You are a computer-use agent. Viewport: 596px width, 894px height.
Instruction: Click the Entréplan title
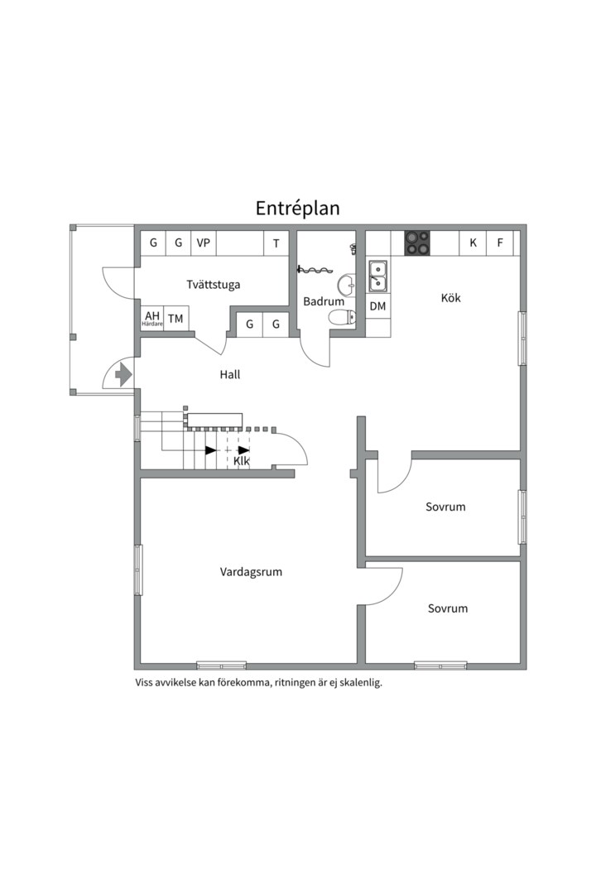[297, 208]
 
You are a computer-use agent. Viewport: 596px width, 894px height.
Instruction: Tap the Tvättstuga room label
[214, 285]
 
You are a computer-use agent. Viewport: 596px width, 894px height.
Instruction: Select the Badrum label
[319, 301]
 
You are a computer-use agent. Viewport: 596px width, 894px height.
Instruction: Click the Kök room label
[451, 298]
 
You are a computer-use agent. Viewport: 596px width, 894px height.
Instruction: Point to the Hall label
[230, 374]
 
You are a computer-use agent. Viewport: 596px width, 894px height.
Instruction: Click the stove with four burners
[417, 243]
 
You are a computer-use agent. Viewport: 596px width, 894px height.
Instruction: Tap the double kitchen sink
[377, 276]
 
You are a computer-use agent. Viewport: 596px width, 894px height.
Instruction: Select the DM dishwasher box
[377, 306]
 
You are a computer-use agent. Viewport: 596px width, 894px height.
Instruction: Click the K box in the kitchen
[473, 243]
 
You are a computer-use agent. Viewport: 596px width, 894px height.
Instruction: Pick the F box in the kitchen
[499, 243]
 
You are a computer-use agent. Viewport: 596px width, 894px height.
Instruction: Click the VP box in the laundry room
[203, 243]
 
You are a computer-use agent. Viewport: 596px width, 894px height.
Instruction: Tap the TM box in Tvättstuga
[175, 318]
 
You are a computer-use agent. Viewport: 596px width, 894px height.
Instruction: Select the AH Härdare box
[152, 318]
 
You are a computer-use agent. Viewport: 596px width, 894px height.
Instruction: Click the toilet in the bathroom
[339, 317]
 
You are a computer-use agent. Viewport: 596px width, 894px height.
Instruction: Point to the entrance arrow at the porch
[123, 375]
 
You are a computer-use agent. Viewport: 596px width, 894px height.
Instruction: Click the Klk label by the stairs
[242, 461]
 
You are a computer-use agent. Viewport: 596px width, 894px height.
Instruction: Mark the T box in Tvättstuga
[276, 243]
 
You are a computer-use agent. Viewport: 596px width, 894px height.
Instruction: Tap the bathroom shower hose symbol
[315, 268]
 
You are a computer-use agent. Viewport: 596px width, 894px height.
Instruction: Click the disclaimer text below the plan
[258, 683]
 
